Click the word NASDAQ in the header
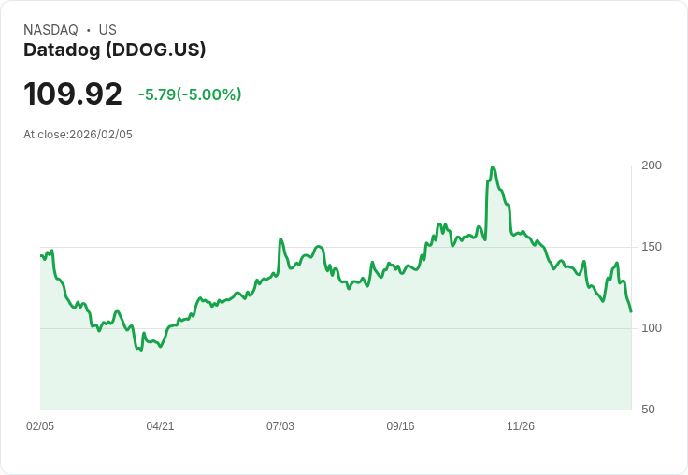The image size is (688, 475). (50, 30)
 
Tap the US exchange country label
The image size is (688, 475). (107, 30)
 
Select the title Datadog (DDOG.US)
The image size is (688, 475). (114, 50)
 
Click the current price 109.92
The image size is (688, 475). (73, 94)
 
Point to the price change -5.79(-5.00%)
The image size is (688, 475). (190, 94)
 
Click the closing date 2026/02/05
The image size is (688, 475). (101, 135)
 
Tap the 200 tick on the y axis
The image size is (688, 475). (652, 166)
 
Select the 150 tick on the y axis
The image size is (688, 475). (652, 247)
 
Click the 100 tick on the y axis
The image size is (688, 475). (652, 328)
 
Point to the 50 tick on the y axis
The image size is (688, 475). (648, 410)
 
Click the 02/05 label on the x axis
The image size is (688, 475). (40, 426)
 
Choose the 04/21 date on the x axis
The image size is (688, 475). (160, 426)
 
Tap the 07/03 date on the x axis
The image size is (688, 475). (280, 426)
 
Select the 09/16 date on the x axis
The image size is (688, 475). (400, 426)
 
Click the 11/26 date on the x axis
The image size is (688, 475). (521, 426)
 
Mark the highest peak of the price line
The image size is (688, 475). (492, 167)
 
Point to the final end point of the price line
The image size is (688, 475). (631, 311)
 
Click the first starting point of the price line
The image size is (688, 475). (41, 254)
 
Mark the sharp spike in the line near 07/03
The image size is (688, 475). (280, 239)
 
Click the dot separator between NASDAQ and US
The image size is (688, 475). (88, 30)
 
